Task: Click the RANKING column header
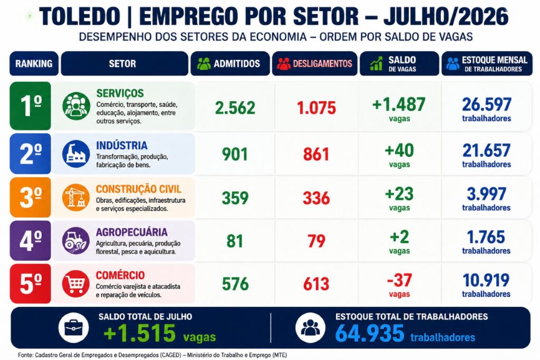pos(34,64)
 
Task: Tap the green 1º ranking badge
pos(30,105)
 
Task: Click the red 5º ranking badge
pos(30,284)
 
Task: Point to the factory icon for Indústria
pos(76,154)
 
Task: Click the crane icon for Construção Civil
pos(76,197)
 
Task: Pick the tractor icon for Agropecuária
pos(76,240)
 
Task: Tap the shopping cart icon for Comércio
pos(76,284)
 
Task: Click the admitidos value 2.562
pos(235,108)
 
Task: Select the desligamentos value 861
pos(316,154)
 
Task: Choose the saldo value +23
pos(399,194)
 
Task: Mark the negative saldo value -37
pos(400,280)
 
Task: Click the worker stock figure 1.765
pos(486,237)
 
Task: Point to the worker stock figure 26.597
pos(487,104)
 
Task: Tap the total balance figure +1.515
pos(139,333)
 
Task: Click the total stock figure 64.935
pos(370,333)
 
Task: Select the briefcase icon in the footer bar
pos(73,328)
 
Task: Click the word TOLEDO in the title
pos(80,16)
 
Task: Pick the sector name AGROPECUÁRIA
pos(131,232)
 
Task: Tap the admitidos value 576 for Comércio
pos(235,284)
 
